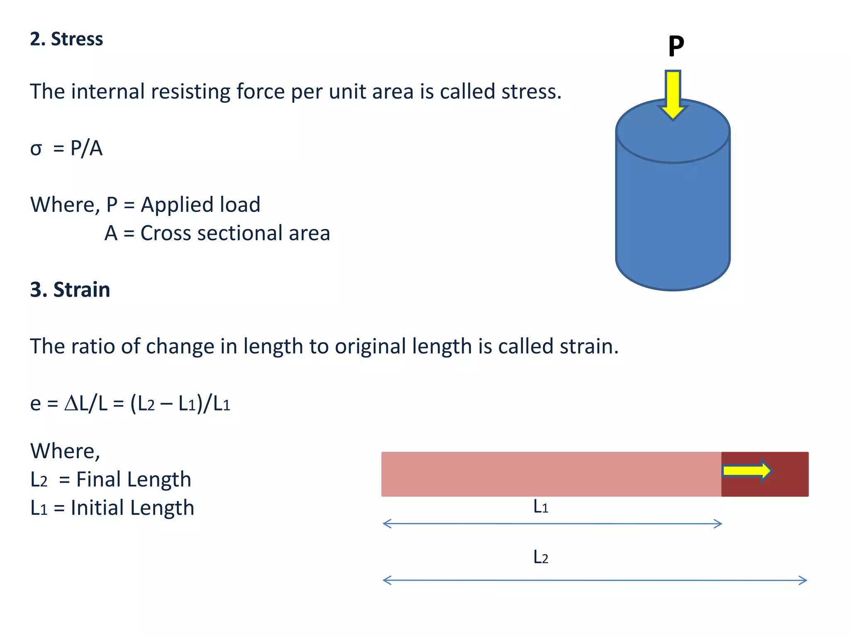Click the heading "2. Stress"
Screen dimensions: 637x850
tap(66, 39)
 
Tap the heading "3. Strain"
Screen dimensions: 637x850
tap(70, 289)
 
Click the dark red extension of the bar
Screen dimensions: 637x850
tap(789, 474)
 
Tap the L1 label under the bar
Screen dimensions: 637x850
tap(541, 507)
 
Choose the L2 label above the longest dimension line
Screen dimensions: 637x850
tap(541, 557)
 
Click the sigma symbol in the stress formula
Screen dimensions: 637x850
tap(36, 149)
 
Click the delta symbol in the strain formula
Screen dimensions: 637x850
tap(71, 403)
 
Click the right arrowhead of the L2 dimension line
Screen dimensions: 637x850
tap(804, 580)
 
